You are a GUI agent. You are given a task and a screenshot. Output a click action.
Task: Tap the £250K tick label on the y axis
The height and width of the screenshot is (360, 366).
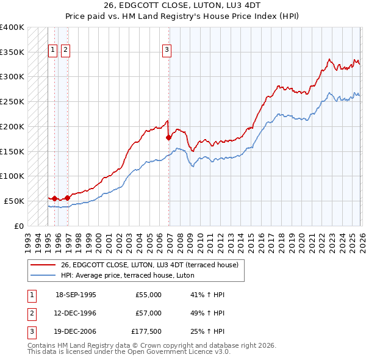click(x=12, y=102)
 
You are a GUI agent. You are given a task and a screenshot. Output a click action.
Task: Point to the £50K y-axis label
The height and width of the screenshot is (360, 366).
click(x=14, y=201)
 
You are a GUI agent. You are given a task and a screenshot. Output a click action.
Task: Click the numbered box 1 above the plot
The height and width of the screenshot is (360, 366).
click(x=52, y=51)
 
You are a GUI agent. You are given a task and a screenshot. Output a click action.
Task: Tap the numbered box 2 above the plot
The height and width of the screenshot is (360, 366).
click(x=65, y=51)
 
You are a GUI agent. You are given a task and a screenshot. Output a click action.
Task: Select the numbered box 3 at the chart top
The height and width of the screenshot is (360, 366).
click(x=167, y=51)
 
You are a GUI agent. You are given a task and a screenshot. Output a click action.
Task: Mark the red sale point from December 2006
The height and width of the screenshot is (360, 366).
click(x=168, y=138)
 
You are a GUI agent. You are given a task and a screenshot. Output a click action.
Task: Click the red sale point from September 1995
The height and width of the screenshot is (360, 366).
click(x=55, y=198)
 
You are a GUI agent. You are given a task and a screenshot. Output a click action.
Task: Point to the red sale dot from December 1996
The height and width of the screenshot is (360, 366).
click(x=67, y=197)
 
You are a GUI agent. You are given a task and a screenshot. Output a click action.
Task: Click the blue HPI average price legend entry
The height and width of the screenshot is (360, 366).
click(x=127, y=275)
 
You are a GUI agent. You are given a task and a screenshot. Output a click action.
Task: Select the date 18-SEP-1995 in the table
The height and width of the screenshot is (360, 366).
click(x=76, y=295)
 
